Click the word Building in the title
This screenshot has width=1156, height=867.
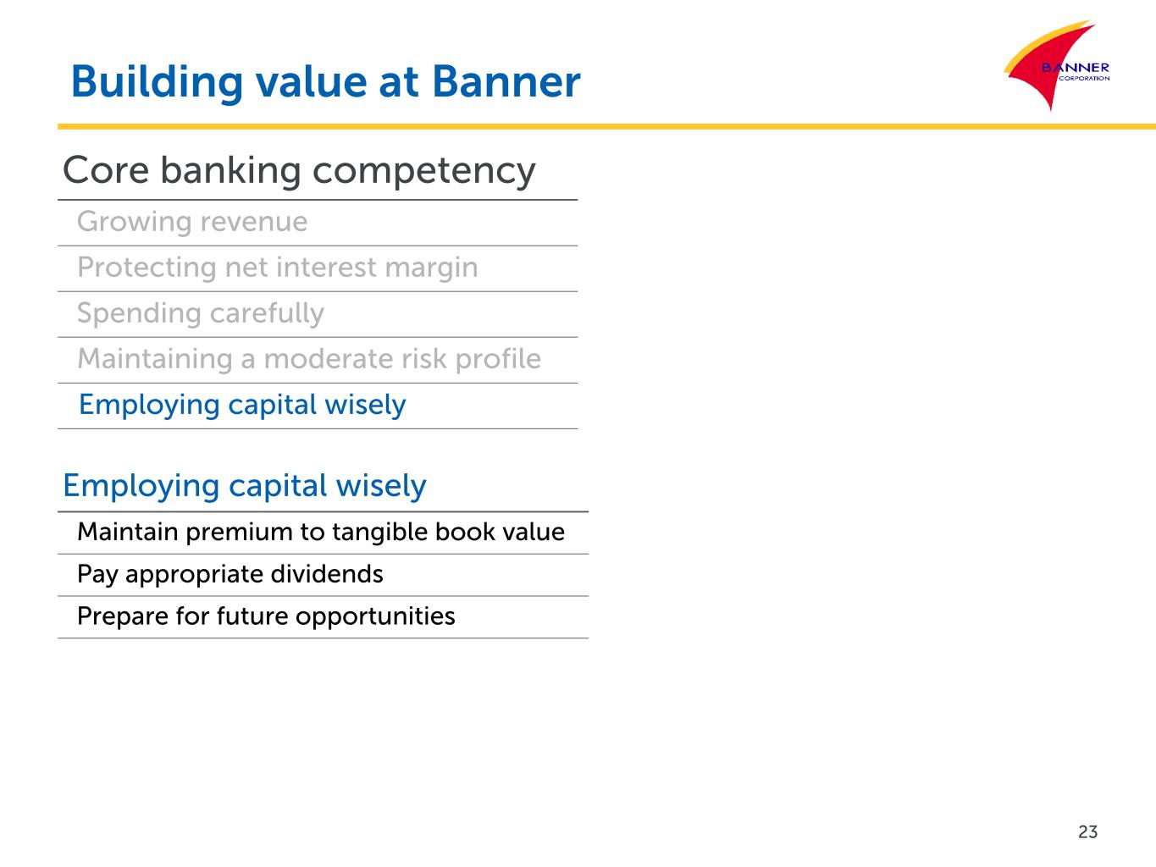tap(157, 83)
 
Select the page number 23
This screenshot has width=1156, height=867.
tap(1087, 831)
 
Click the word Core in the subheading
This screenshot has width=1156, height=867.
tap(106, 170)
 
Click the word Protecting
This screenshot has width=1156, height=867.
tap(147, 268)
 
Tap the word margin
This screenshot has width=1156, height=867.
tap(431, 268)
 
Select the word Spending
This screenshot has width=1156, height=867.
tap(139, 314)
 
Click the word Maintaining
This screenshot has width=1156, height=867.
tap(155, 359)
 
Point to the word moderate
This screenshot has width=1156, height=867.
tap(329, 359)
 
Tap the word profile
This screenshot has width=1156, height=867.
tap(498, 359)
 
